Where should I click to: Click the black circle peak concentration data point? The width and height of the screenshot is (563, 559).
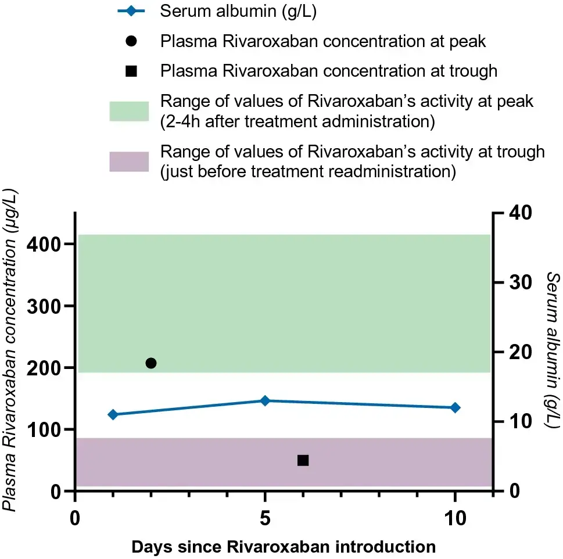151,363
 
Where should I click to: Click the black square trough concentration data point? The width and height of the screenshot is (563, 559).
303,460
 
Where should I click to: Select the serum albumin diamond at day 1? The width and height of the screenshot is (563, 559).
113,414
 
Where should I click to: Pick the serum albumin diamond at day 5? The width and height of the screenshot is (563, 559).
265,400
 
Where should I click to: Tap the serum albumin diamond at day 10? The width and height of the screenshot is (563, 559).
455,407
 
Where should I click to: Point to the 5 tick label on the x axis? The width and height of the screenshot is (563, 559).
265,518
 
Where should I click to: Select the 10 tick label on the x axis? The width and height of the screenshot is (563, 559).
455,518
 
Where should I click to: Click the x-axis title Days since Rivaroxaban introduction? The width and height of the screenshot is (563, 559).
284,547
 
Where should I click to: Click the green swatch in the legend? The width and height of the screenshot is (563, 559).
129,110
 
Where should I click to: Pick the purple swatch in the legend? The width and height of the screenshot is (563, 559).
129,161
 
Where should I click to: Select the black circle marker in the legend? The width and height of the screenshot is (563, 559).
131,41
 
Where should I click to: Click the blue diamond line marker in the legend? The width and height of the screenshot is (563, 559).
131,12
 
